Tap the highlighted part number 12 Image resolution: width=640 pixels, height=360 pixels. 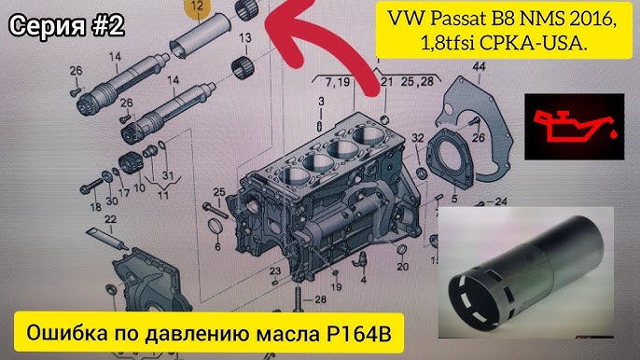198,7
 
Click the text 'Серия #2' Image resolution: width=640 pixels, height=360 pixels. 66,26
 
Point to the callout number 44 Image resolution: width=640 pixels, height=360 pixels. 479,66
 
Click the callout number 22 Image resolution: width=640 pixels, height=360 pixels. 110,219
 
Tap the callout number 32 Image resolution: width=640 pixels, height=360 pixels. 417,137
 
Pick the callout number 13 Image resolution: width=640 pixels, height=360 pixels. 244,38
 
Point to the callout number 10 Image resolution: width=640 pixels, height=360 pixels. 140,187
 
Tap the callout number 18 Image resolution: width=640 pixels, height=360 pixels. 95,206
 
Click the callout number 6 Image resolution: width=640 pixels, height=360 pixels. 217,246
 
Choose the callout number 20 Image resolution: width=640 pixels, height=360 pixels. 402,267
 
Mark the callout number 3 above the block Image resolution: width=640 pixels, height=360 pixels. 321,101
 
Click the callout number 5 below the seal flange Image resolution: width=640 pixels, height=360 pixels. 453,199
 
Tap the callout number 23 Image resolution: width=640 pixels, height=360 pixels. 274,270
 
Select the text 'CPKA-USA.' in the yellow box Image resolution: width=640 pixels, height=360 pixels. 534,43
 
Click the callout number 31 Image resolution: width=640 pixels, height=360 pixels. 168,175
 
